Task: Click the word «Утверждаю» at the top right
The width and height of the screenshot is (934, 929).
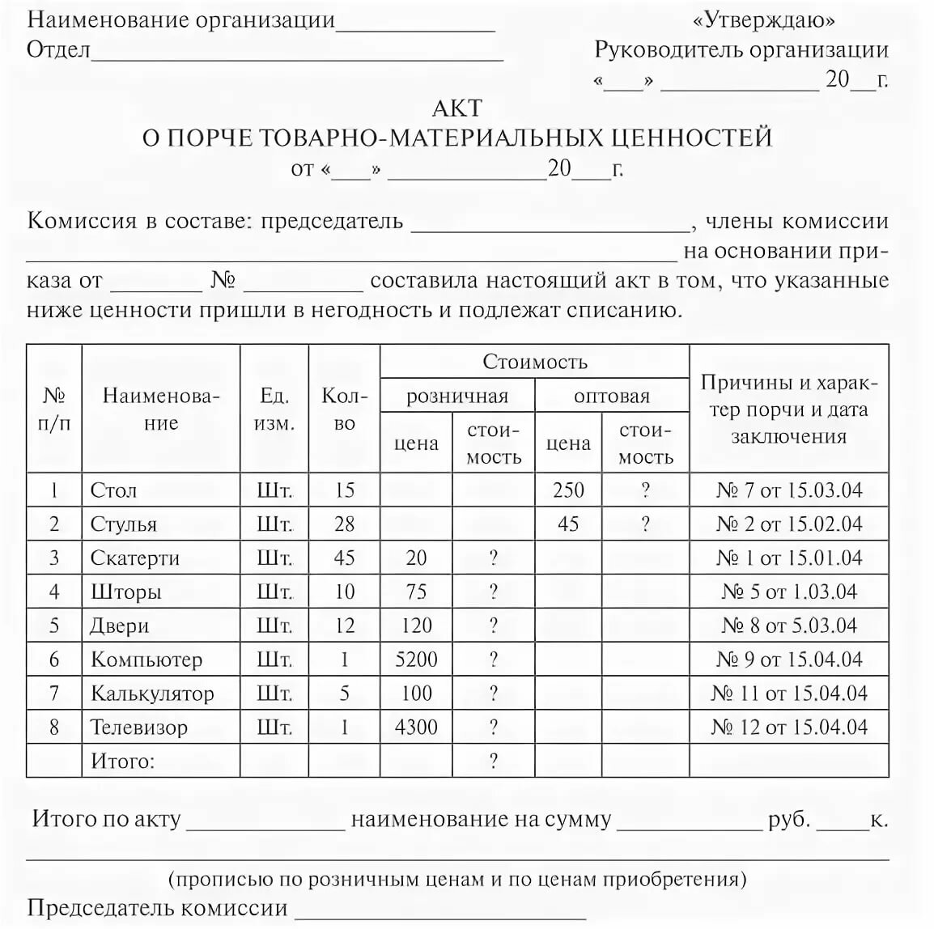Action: click(764, 19)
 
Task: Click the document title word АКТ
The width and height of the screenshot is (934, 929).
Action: click(457, 108)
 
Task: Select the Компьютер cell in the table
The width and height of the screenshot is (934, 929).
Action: click(146, 660)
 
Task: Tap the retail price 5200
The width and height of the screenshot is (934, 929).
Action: click(416, 660)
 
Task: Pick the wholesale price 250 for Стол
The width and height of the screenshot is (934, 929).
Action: click(568, 490)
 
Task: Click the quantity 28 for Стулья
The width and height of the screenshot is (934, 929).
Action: click(345, 524)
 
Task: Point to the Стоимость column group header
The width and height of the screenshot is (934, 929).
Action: click(534, 362)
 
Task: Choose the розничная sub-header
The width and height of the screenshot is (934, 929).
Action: click(457, 396)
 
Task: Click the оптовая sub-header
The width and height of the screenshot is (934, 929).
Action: click(612, 396)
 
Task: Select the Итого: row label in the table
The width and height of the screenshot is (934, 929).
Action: click(122, 761)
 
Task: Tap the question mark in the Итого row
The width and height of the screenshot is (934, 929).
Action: click(493, 761)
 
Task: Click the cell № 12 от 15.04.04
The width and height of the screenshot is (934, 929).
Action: click(789, 727)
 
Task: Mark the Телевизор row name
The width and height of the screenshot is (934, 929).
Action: click(139, 727)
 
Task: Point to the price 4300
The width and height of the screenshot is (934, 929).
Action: click(416, 727)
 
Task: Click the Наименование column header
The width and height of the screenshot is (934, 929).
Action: click(161, 409)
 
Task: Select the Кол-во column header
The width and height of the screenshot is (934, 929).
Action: click(345, 409)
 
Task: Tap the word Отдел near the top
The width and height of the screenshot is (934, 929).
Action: click(58, 50)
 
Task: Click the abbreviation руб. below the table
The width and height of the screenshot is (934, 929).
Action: click(789, 819)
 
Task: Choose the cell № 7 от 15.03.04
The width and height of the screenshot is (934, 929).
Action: click(789, 490)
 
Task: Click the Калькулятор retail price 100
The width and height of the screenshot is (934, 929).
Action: click(416, 694)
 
